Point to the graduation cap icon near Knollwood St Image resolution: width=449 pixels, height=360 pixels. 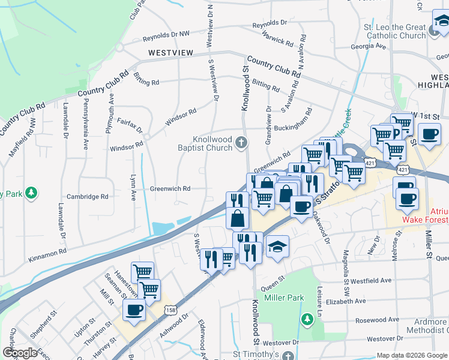click(x=277, y=247)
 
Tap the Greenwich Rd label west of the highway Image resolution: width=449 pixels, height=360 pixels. click(x=170, y=188)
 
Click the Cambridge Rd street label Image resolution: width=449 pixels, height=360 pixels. click(x=88, y=196)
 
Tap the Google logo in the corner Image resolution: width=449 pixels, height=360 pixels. click(x=19, y=352)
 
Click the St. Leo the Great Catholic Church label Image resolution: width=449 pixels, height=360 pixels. click(x=391, y=31)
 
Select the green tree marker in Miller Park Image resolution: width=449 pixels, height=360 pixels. click(x=307, y=318)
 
